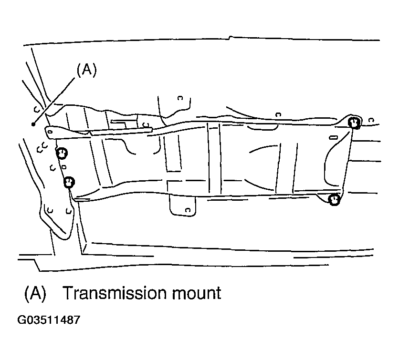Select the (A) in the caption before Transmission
(x=35, y=293)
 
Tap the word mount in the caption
(x=197, y=294)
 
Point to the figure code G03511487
(x=49, y=320)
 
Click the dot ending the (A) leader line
(x=33, y=124)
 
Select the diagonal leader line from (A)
(x=54, y=101)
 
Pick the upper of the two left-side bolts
(x=62, y=154)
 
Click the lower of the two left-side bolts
(x=69, y=182)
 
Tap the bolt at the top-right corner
(x=354, y=123)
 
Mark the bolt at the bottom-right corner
(x=334, y=199)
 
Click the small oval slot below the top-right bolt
(x=334, y=137)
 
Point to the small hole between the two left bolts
(x=64, y=167)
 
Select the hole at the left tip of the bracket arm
(x=50, y=132)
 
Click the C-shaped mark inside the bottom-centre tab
(x=188, y=210)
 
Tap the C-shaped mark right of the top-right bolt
(x=371, y=120)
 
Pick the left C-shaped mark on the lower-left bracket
(x=50, y=210)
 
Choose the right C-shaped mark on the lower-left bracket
(x=68, y=211)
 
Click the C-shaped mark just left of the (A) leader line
(x=37, y=109)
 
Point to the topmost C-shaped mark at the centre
(x=180, y=98)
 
